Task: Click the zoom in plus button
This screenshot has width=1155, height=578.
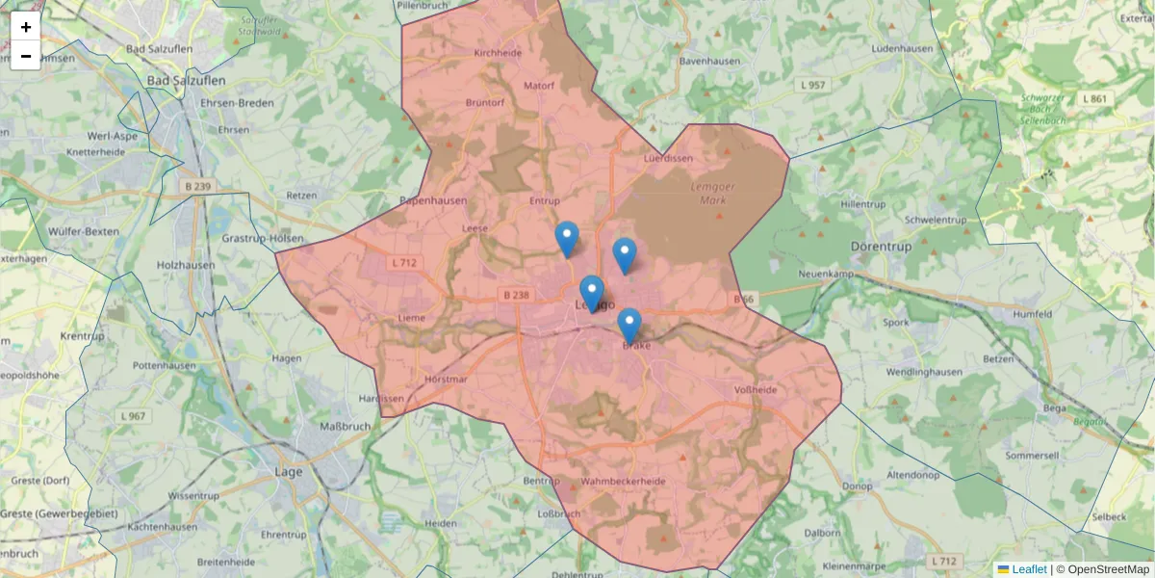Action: click(26, 27)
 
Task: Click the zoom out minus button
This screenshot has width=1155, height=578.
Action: click(26, 56)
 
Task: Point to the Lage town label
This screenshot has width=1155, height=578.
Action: click(290, 472)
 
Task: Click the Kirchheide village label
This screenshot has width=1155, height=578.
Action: click(498, 54)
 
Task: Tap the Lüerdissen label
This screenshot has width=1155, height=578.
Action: click(668, 158)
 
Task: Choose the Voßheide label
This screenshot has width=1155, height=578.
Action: click(756, 390)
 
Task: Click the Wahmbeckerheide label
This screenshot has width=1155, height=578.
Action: click(624, 481)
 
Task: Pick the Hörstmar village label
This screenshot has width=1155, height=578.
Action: click(446, 380)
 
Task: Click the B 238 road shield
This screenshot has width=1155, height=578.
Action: click(516, 295)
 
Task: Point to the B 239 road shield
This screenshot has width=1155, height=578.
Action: click(196, 186)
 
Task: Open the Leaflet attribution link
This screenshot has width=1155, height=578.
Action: click(1029, 569)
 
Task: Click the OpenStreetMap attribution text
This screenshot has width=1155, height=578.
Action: click(1102, 569)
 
